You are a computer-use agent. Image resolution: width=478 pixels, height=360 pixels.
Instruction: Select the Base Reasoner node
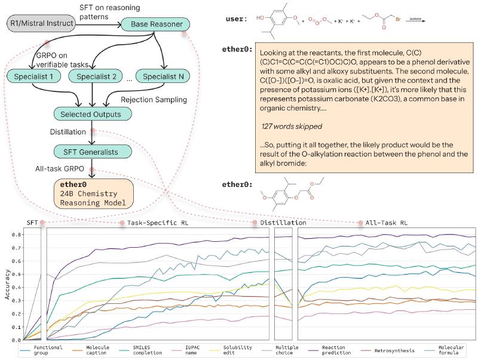tap(155, 24)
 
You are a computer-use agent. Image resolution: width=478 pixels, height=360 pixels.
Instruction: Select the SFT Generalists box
tap(93, 151)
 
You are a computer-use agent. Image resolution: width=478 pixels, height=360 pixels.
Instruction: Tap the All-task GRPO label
tap(58, 170)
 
